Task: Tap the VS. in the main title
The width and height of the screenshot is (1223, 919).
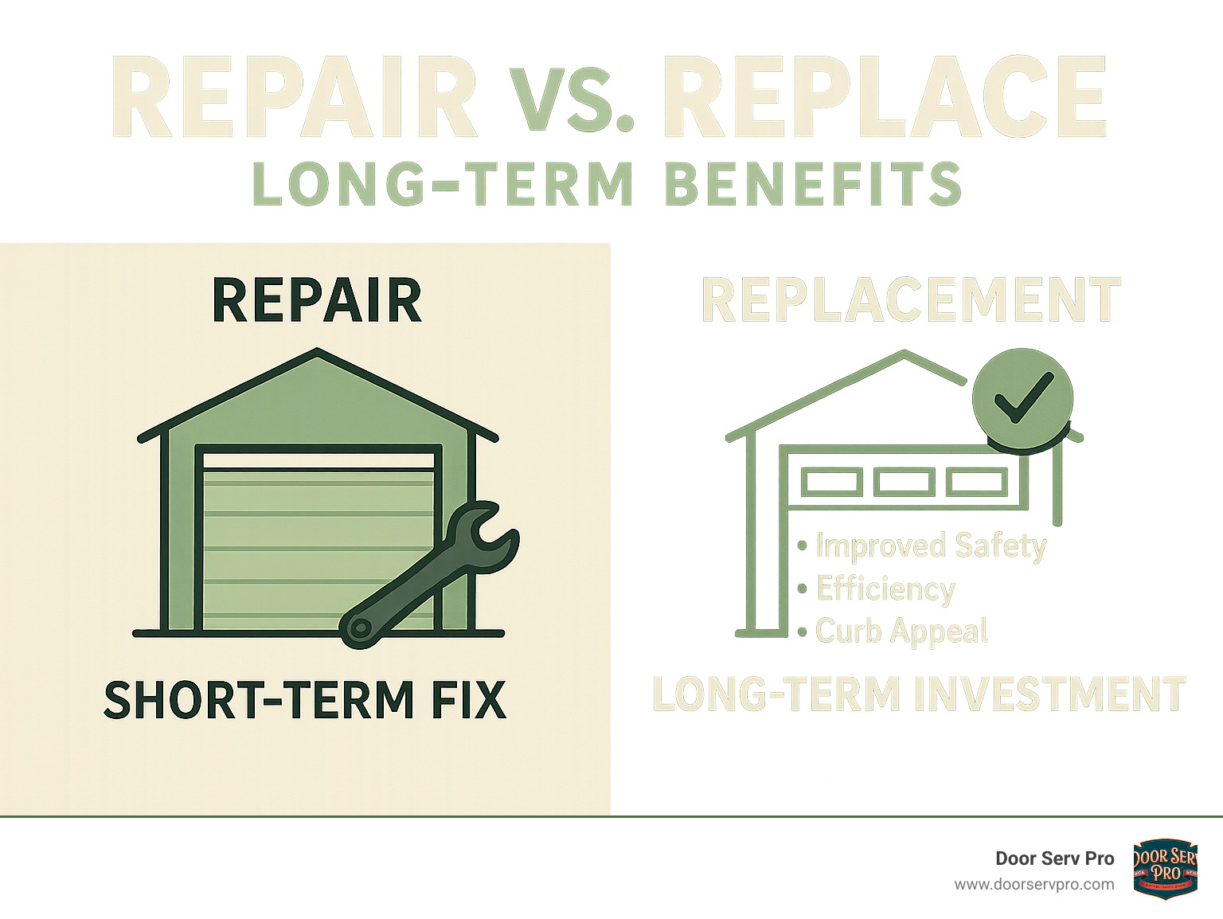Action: point(572,100)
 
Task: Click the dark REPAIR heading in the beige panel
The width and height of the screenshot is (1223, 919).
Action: point(317,301)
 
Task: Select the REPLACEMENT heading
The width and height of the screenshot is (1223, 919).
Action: point(910,300)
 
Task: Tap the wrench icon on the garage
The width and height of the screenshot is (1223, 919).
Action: point(430,573)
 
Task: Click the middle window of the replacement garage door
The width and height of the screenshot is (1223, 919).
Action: point(904,482)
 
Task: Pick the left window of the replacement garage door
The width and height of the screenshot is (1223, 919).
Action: point(831,482)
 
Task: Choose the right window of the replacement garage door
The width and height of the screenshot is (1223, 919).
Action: point(976,482)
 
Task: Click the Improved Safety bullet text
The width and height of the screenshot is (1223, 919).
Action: point(930,546)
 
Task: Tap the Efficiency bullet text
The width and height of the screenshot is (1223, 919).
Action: point(885,589)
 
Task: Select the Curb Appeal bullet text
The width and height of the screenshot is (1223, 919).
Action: point(901,632)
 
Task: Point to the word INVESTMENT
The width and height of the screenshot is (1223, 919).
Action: point(1049,694)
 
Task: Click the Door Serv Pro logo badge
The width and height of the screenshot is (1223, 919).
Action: point(1165,868)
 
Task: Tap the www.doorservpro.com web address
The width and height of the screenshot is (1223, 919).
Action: point(1033,884)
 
